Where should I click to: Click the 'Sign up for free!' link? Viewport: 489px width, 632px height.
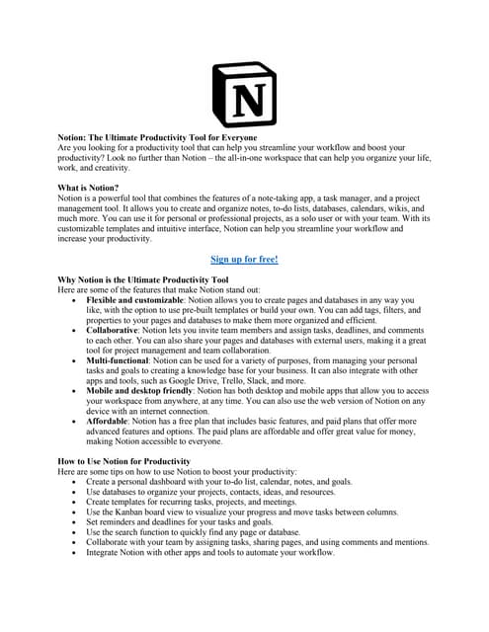click(244, 260)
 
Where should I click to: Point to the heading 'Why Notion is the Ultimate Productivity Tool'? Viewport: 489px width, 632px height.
click(143, 280)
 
